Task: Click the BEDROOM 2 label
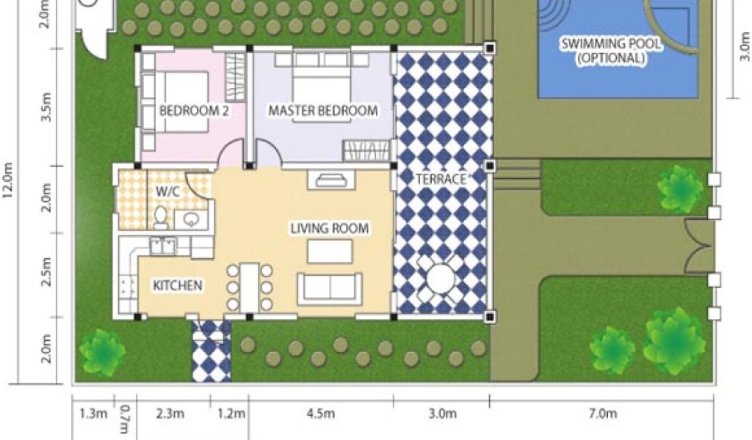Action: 194,111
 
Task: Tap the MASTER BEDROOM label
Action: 323,111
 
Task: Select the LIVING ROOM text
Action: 330,228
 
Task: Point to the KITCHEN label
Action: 178,285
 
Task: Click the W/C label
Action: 168,192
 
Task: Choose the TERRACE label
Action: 441,179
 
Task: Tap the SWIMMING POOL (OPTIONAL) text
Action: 611,51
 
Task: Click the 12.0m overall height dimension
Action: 8,183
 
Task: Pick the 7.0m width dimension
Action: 603,413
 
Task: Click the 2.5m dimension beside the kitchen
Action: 46,272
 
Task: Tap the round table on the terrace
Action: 441,279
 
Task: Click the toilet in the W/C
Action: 161,217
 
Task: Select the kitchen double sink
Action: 163,246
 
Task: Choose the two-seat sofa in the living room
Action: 330,288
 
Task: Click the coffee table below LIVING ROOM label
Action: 330,252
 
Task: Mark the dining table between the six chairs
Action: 250,287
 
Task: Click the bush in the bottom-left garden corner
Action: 102,351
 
